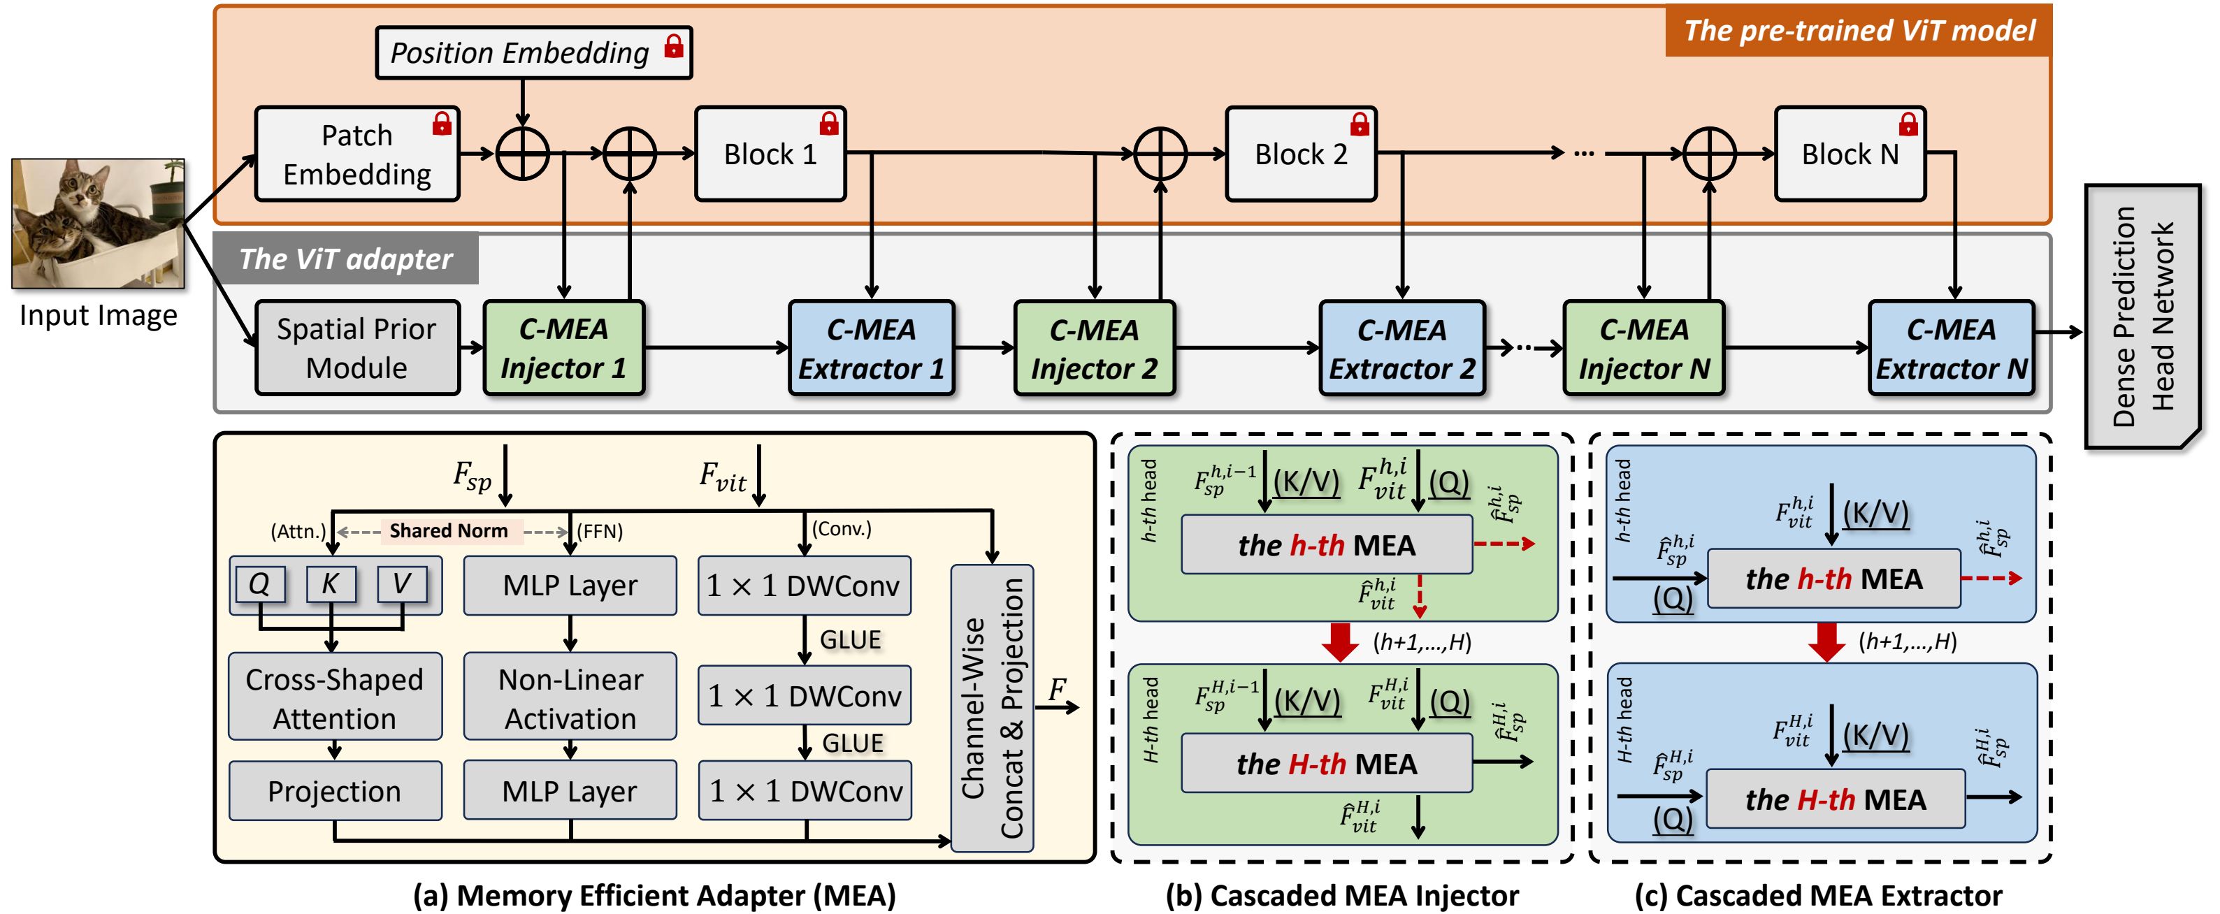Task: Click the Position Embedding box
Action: (x=533, y=52)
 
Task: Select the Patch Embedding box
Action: (x=356, y=154)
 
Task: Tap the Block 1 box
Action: (x=770, y=154)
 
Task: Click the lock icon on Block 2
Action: (x=1359, y=124)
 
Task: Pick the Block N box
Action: (x=1850, y=154)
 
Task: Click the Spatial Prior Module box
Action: (x=356, y=348)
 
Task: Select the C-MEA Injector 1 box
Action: (x=563, y=348)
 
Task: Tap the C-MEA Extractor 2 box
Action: (x=1401, y=348)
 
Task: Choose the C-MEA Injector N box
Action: (x=1643, y=348)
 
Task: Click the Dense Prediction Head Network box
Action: (x=2142, y=316)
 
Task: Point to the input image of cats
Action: (x=97, y=223)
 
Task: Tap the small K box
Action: (x=330, y=584)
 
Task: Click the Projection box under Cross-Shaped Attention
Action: (x=334, y=791)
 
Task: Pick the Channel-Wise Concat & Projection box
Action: (x=991, y=708)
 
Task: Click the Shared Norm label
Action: (x=448, y=530)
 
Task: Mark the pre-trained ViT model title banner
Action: (x=1858, y=31)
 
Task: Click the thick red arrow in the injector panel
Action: (x=1339, y=641)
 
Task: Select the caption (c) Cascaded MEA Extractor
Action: (x=1817, y=896)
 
